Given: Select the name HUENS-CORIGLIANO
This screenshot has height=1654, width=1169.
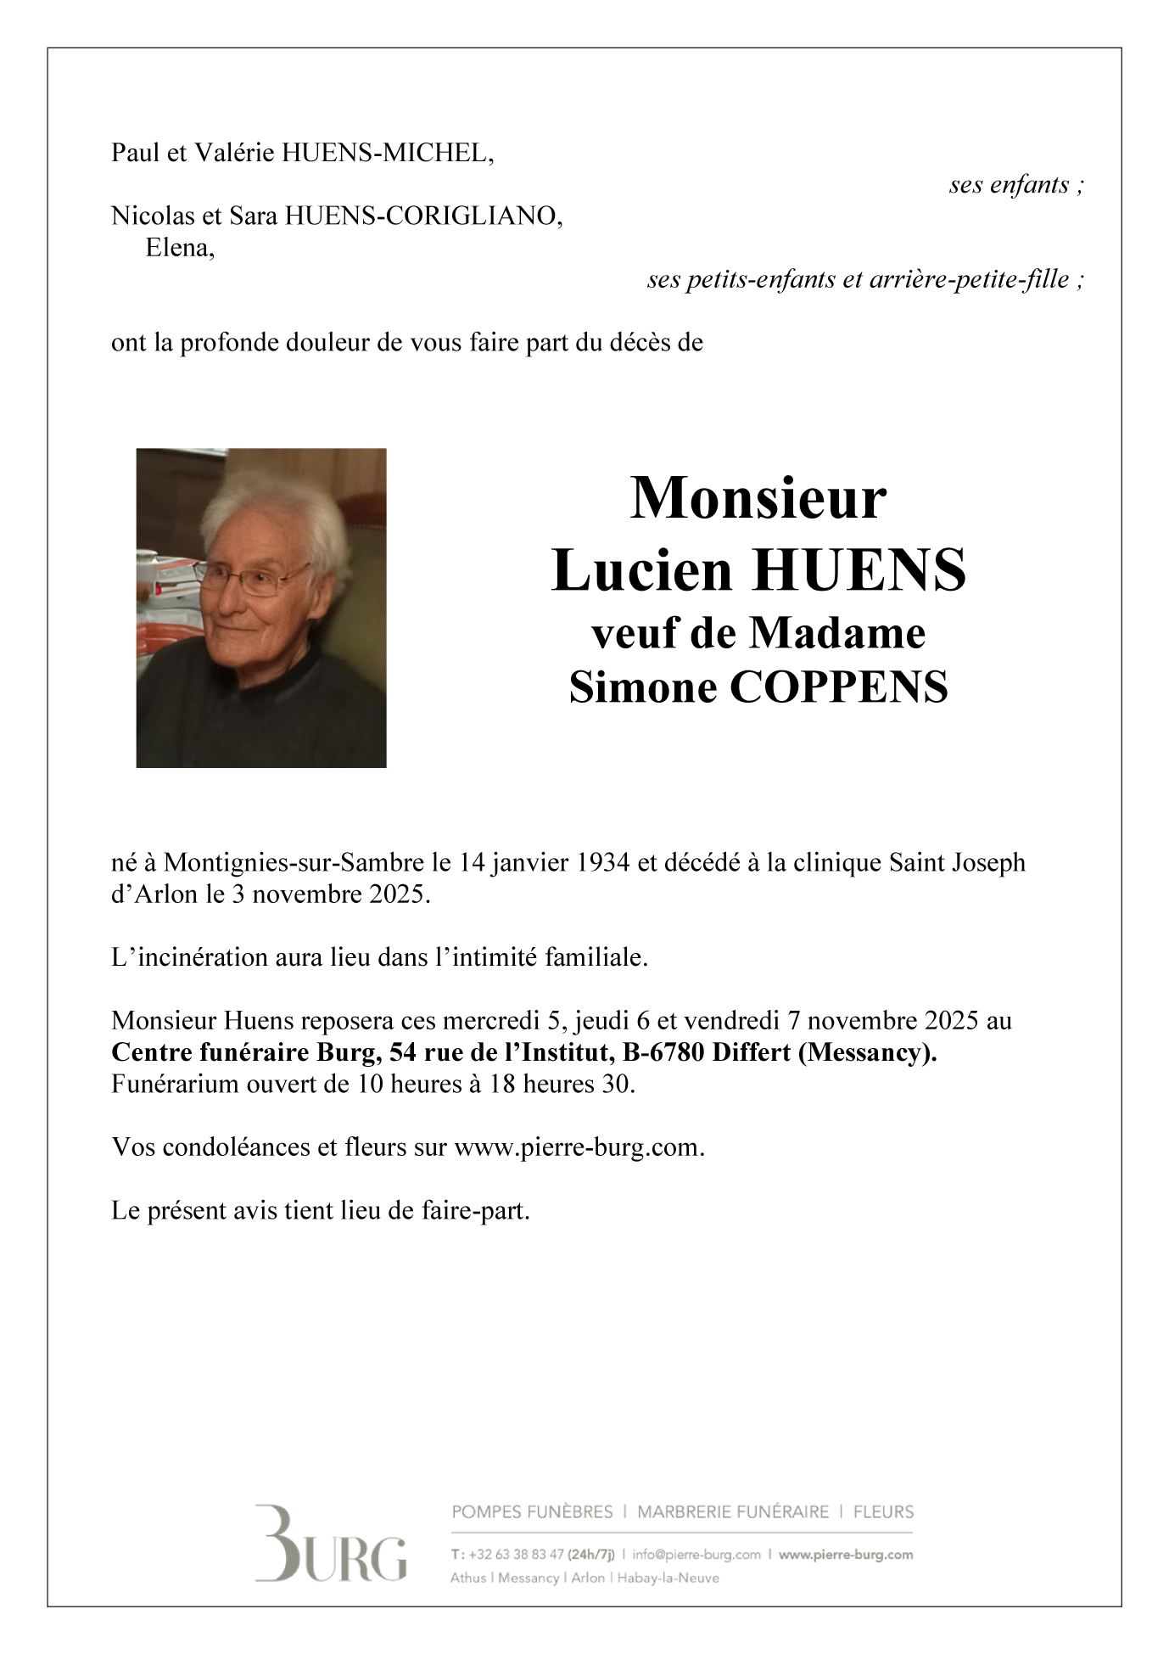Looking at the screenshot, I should (x=422, y=217).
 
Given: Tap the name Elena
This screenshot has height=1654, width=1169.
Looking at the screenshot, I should (x=178, y=249).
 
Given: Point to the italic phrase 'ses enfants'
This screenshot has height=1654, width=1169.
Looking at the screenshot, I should (x=1010, y=185).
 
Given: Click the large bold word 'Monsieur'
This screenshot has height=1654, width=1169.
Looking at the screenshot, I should (x=758, y=498).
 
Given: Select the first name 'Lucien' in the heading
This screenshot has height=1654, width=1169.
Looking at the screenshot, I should (x=642, y=570).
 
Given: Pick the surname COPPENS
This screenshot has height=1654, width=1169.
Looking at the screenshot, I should (x=838, y=687).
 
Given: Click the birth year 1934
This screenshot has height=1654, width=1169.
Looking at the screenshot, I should (x=602, y=863).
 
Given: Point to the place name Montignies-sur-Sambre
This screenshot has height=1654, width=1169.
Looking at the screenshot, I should (x=294, y=863).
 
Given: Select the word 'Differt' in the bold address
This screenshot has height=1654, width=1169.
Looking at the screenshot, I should (x=751, y=1053).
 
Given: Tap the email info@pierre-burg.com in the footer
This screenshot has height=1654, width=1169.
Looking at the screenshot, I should (x=696, y=1555).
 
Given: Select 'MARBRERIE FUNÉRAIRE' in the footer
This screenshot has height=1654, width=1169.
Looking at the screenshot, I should (x=733, y=1511).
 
